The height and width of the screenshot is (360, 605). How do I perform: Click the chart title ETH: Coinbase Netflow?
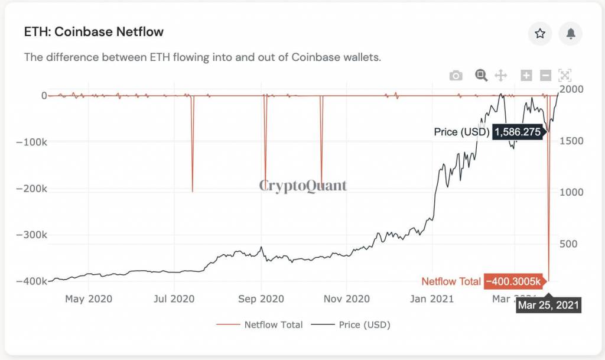click(x=93, y=32)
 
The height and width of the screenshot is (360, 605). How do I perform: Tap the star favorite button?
click(x=540, y=34)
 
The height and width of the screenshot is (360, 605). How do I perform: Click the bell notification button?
click(x=571, y=34)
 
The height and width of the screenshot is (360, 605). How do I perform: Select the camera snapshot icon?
click(x=456, y=76)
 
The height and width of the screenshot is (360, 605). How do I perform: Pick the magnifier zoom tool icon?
click(x=482, y=75)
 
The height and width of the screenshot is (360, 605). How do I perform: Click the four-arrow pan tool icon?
click(x=500, y=75)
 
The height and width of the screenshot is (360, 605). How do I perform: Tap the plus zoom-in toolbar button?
click(x=526, y=75)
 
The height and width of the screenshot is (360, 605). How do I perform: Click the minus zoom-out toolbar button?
click(x=546, y=75)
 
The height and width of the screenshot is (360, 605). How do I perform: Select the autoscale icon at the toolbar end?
click(x=565, y=75)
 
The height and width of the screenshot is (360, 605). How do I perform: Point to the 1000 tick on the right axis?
click(x=572, y=192)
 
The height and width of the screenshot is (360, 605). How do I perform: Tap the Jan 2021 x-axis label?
click(x=431, y=299)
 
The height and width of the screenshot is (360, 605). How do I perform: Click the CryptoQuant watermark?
click(x=303, y=186)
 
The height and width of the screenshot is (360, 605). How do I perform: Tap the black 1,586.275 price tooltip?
click(x=518, y=132)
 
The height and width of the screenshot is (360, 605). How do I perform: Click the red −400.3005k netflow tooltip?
click(x=513, y=282)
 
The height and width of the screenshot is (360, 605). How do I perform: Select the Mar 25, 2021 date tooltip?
click(x=548, y=306)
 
